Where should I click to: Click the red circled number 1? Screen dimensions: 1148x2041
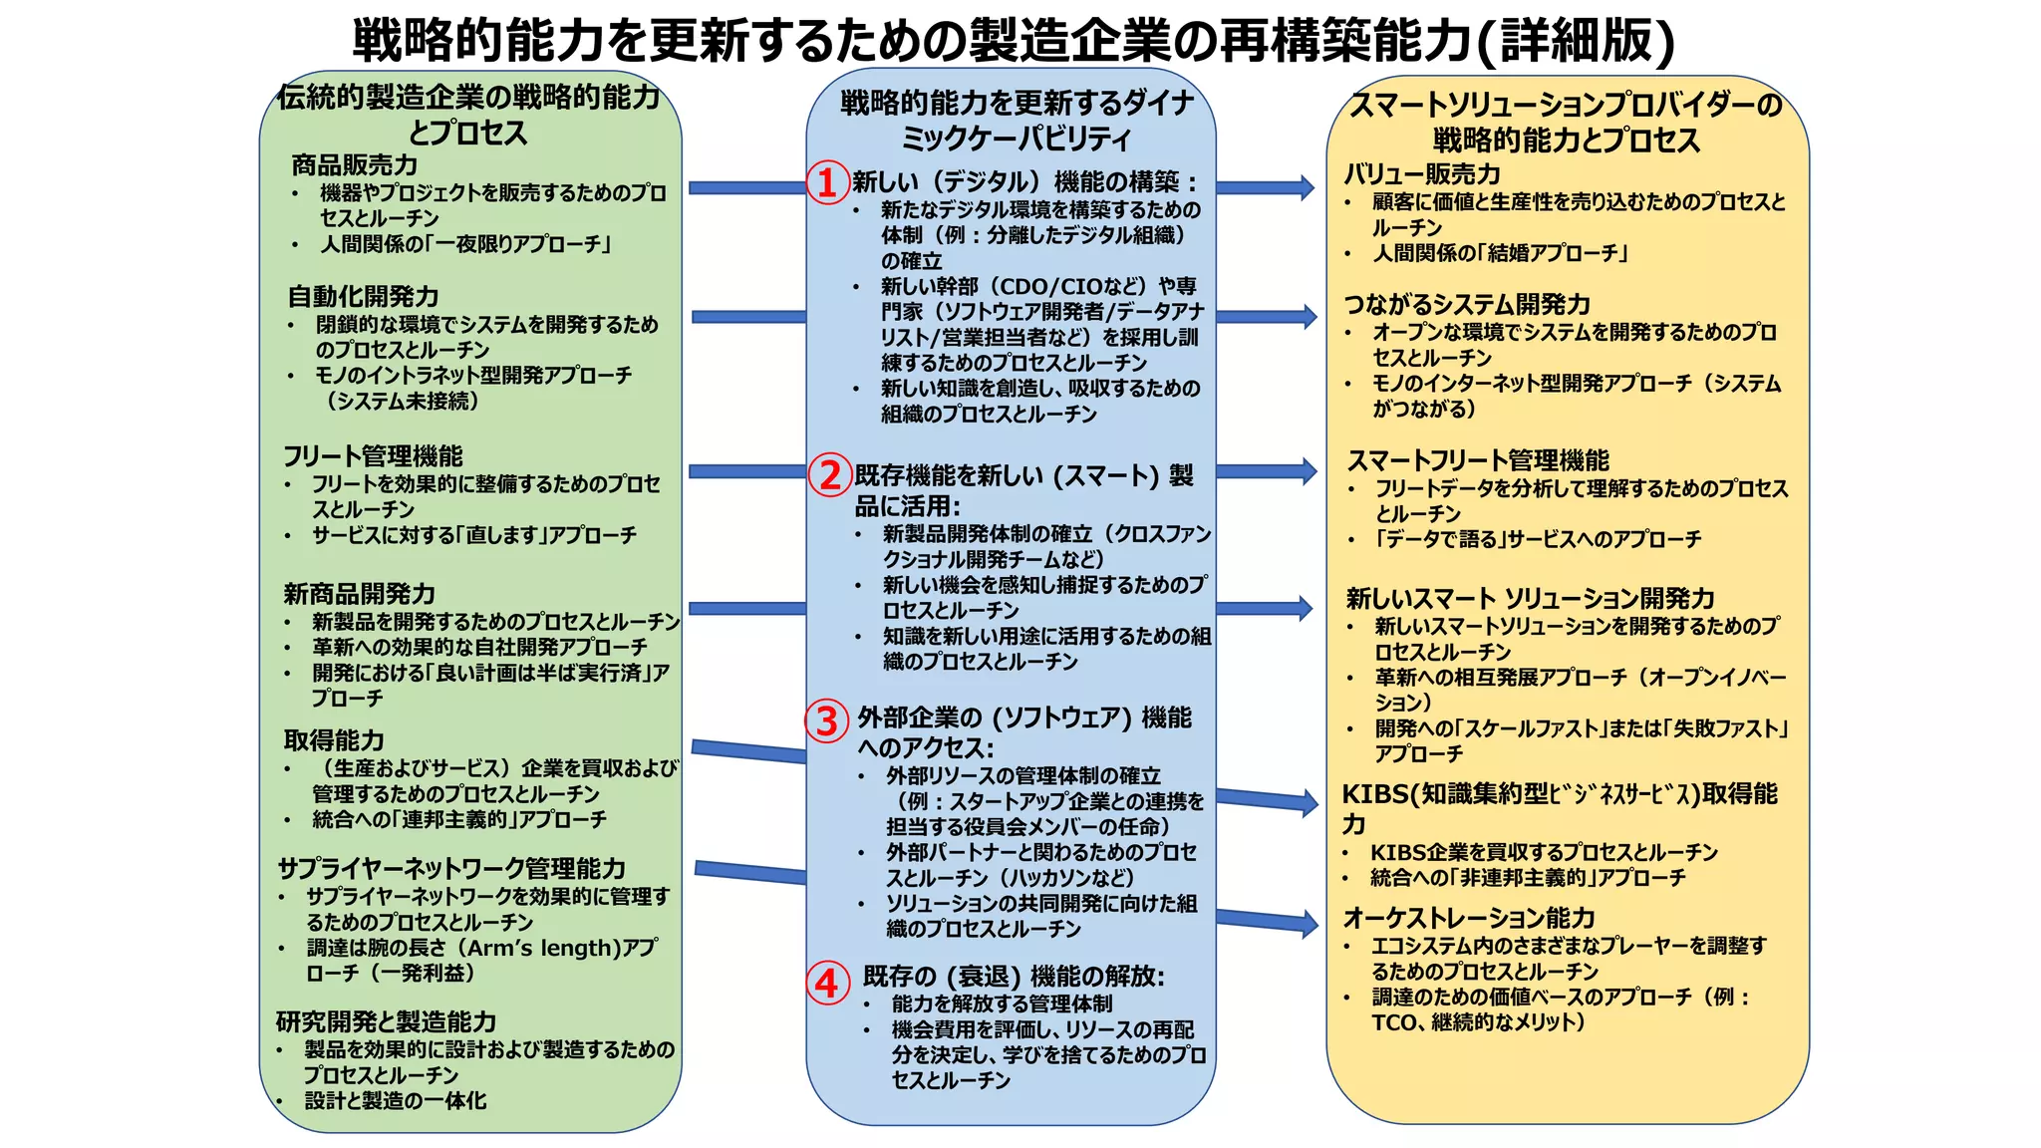click(827, 182)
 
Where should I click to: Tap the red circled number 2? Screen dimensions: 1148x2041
click(829, 474)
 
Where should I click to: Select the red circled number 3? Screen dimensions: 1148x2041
click(827, 720)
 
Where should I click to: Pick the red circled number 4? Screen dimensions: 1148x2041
click(827, 984)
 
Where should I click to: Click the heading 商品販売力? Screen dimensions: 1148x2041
click(354, 164)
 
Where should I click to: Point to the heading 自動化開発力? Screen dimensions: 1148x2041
click(363, 296)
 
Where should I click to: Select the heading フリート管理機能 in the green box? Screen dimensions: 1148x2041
click(373, 456)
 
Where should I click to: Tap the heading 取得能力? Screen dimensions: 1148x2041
click(334, 740)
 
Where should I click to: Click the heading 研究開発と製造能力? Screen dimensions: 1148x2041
click(386, 1021)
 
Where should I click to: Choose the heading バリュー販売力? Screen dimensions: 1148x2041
click(1422, 174)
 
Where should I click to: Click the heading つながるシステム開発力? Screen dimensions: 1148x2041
click(1467, 304)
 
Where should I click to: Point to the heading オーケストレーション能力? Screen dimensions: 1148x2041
click(1469, 918)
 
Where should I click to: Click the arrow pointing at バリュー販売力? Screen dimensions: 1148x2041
click(1266, 187)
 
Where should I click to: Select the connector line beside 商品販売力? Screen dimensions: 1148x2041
click(747, 187)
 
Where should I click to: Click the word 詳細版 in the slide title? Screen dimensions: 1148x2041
click(1575, 40)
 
